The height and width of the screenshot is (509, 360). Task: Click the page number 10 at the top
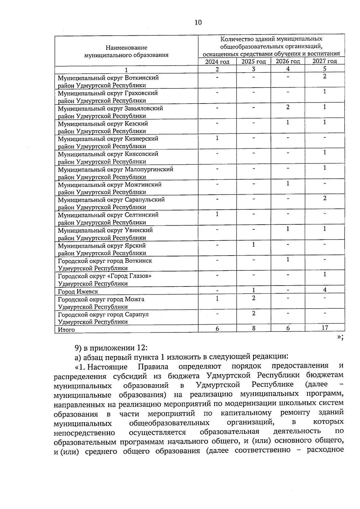point(198,22)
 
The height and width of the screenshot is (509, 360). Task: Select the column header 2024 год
point(217,61)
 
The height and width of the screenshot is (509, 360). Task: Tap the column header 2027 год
point(325,61)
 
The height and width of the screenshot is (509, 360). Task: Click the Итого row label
point(66,330)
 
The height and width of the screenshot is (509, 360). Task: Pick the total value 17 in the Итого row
point(325,328)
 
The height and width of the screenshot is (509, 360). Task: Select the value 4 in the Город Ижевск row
point(325,289)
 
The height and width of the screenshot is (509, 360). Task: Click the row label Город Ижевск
point(78,292)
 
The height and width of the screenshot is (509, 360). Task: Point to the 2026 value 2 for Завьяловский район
point(288,107)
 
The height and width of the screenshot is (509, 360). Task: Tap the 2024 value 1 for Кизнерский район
point(217,138)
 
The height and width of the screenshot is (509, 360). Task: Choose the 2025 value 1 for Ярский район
point(253,244)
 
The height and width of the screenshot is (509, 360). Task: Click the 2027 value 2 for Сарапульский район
point(325,198)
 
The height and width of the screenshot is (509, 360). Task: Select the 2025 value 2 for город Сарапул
point(253,313)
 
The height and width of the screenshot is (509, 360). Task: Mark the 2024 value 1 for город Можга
point(217,298)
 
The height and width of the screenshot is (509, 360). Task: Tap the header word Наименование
point(126,48)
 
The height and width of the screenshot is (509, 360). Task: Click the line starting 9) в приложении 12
point(111,348)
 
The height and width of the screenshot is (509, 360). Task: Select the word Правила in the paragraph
point(153,367)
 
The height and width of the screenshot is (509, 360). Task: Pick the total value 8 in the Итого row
point(253,328)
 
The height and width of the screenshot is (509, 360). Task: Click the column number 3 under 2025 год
point(253,69)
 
